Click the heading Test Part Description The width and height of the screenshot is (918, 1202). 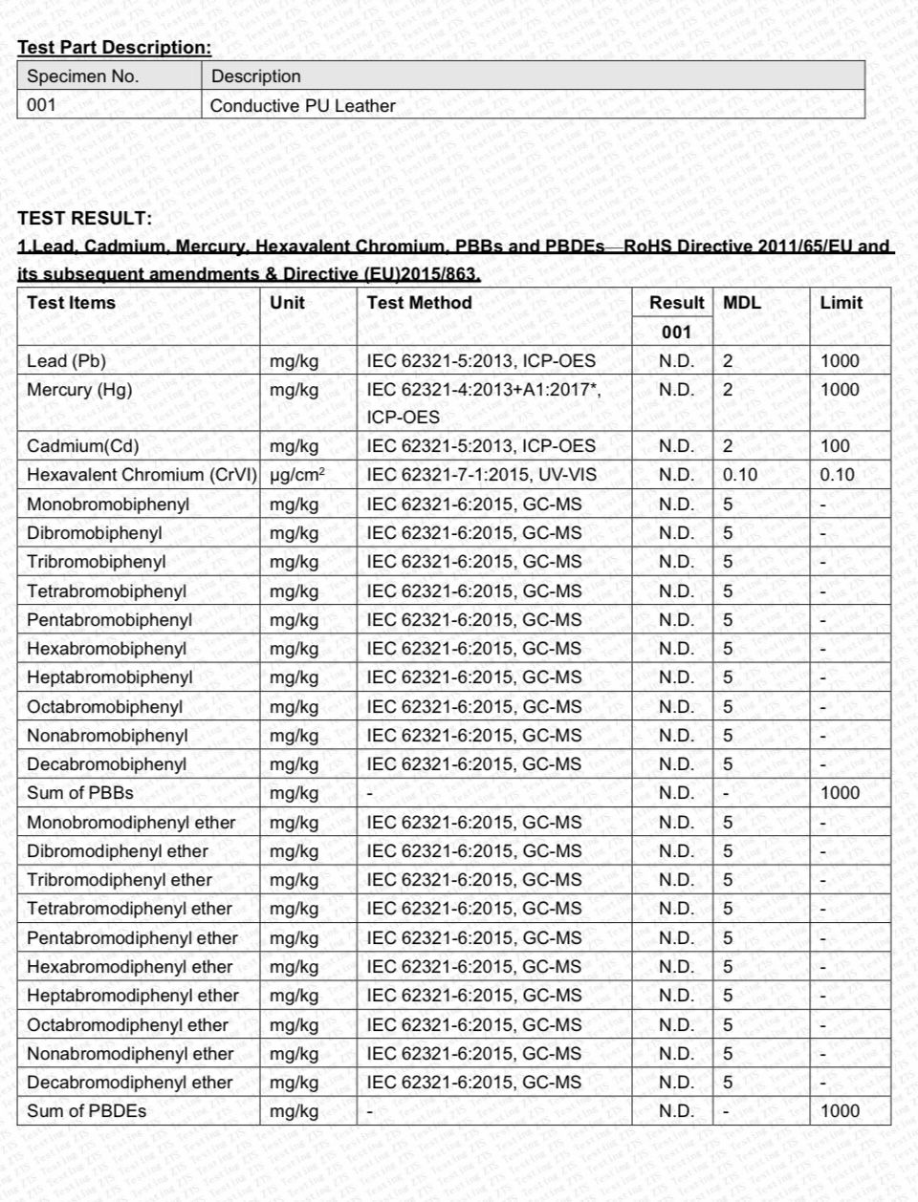pyautogui.click(x=115, y=47)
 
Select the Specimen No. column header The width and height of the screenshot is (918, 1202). pyautogui.click(x=83, y=76)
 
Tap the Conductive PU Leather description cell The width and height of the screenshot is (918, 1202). pyautogui.click(x=302, y=106)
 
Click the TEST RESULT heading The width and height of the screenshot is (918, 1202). pyautogui.click(x=84, y=218)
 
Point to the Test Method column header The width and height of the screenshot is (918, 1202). pyautogui.click(x=419, y=303)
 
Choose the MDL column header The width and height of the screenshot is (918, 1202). pyautogui.click(x=742, y=303)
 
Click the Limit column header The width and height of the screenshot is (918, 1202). pyautogui.click(x=841, y=303)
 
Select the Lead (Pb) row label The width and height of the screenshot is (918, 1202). pyautogui.click(x=67, y=361)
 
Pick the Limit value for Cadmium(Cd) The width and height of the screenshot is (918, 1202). pyautogui.click(x=835, y=446)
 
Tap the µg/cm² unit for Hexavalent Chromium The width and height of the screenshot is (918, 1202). pyautogui.click(x=297, y=475)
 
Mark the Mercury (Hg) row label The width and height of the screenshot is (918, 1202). pyautogui.click(x=79, y=390)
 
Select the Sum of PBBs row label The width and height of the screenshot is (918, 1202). pyautogui.click(x=80, y=793)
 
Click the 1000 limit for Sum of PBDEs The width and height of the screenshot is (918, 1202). pyautogui.click(x=840, y=1111)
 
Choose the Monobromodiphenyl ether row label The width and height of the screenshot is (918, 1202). pyautogui.click(x=131, y=823)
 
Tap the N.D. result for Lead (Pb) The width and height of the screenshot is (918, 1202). pyautogui.click(x=676, y=361)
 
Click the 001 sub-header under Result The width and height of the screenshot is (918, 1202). pyautogui.click(x=676, y=333)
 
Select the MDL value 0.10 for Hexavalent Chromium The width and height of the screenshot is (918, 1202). pyautogui.click(x=740, y=475)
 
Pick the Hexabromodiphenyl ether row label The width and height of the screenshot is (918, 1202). pyautogui.click(x=130, y=967)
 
